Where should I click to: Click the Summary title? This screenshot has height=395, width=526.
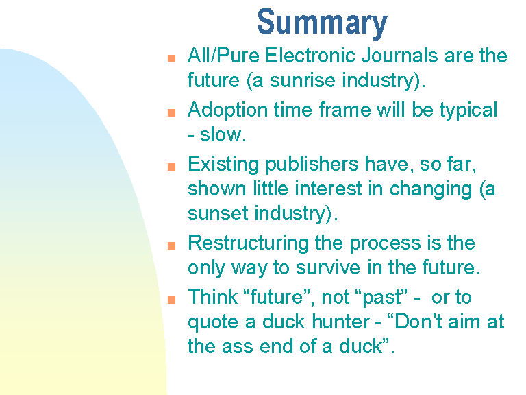pyautogui.click(x=322, y=23)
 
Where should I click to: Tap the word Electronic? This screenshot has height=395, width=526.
pyautogui.click(x=310, y=55)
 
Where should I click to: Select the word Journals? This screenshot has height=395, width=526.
pyautogui.click(x=399, y=55)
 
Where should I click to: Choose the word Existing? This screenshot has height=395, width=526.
pyautogui.click(x=223, y=165)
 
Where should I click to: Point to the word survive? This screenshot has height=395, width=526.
pyautogui.click(x=328, y=267)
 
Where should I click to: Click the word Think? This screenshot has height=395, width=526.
pyautogui.click(x=213, y=296)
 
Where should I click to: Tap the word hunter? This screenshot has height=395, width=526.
pyautogui.click(x=341, y=322)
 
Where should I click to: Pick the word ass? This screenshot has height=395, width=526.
pyautogui.click(x=237, y=347)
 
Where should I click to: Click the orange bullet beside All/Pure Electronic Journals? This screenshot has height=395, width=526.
pyautogui.click(x=171, y=58)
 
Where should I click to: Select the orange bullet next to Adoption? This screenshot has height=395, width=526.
pyautogui.click(x=171, y=112)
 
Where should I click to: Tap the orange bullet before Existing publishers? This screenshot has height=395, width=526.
pyautogui.click(x=171, y=167)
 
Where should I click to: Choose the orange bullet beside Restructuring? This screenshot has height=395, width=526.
pyautogui.click(x=171, y=246)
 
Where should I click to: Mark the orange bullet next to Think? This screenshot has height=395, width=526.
pyautogui.click(x=171, y=300)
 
